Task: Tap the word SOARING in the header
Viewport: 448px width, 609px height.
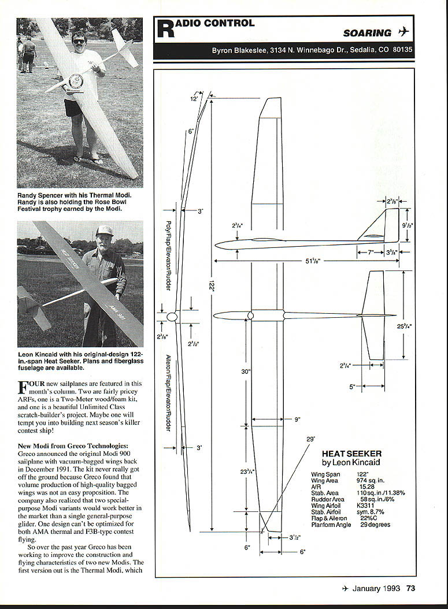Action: coord(367,34)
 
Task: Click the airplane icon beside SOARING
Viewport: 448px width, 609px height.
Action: coord(403,32)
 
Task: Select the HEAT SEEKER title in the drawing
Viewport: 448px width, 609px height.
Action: coord(351,454)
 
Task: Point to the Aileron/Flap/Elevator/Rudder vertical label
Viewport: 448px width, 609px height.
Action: coord(168,393)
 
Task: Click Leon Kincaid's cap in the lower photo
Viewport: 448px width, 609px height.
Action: coord(104,231)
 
